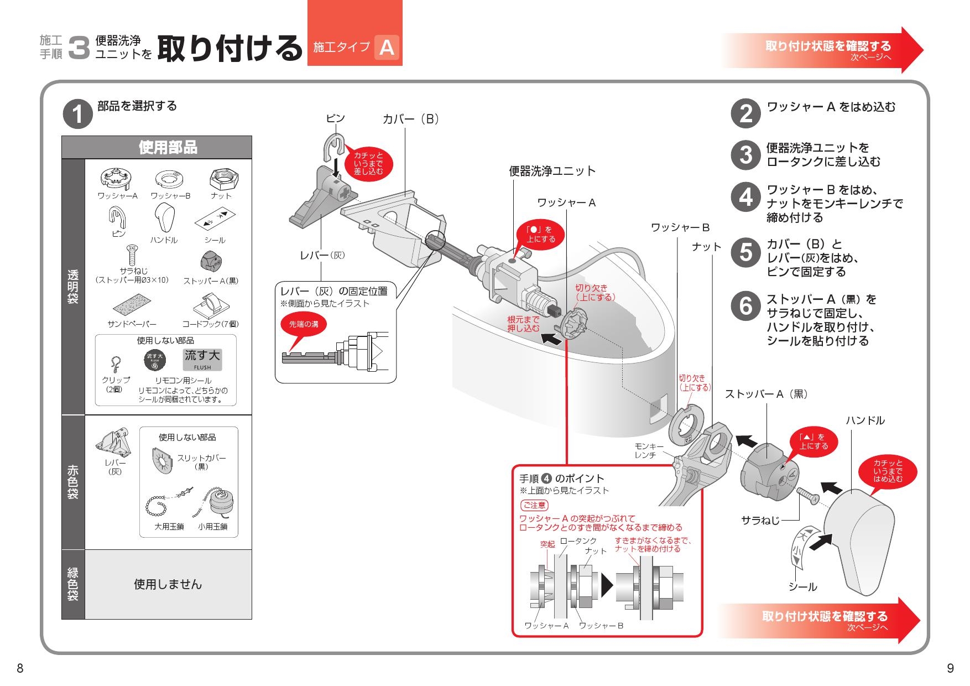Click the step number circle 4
[746, 197]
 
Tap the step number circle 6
[746, 306]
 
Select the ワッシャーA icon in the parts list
[116, 178]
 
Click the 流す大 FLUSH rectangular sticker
[202, 360]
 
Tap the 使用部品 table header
[168, 148]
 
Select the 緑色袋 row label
[73, 584]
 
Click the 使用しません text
[168, 584]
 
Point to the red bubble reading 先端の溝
[304, 324]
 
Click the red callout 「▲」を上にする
[813, 441]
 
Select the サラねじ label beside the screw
[760, 521]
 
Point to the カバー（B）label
[411, 119]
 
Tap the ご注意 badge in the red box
[534, 505]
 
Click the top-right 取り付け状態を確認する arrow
[823, 50]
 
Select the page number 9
[950, 668]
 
